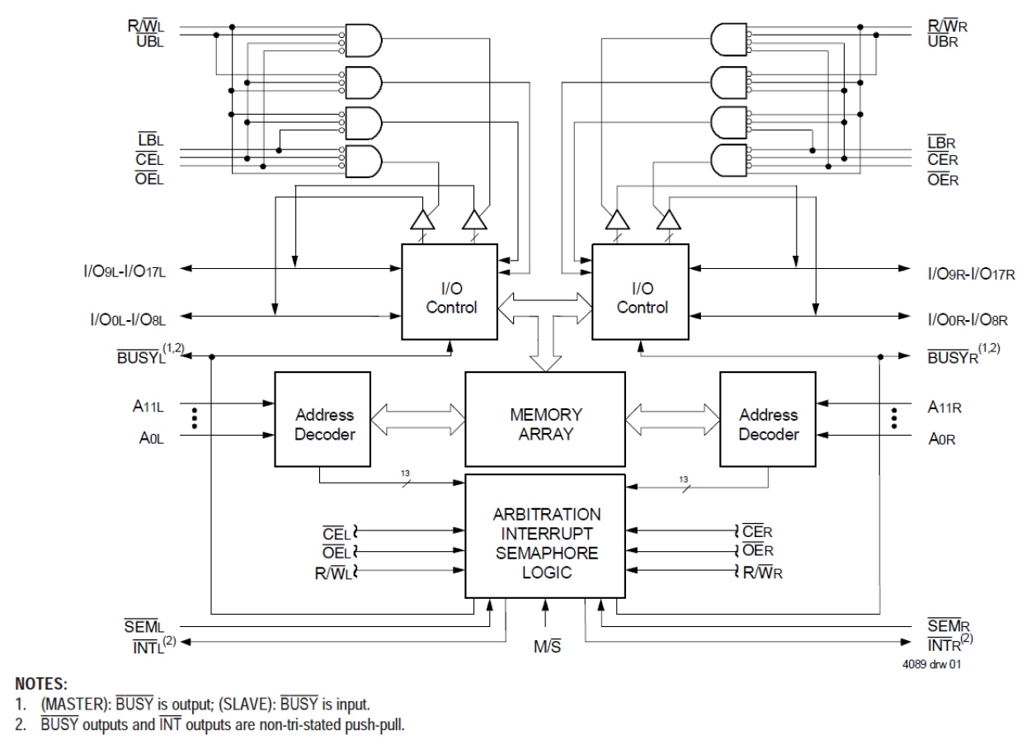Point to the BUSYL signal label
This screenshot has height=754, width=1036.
pyautogui.click(x=138, y=356)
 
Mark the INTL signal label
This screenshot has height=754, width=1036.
pyautogui.click(x=149, y=646)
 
